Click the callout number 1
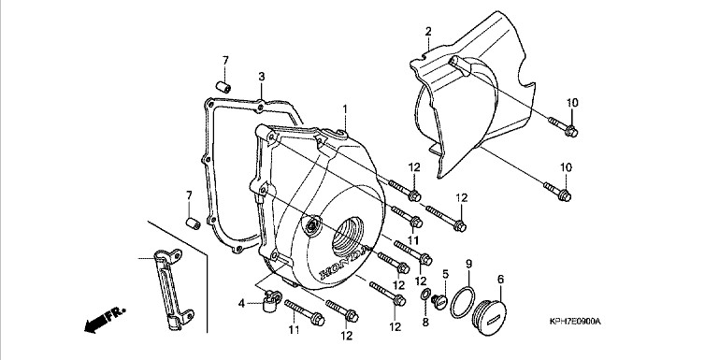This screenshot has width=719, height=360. click(x=345, y=109)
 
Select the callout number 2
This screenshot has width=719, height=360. click(x=428, y=32)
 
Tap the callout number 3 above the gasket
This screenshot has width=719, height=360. click(x=262, y=77)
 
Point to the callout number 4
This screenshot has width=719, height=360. click(x=241, y=303)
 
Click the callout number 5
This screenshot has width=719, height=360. click(x=445, y=274)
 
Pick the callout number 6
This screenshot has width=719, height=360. click(x=500, y=279)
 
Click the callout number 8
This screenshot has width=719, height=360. click(x=425, y=323)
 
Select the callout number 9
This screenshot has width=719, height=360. click(x=468, y=264)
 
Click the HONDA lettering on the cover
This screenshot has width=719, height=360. click(x=344, y=265)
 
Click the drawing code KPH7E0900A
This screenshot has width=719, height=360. click(x=575, y=322)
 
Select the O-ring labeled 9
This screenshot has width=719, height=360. click(x=462, y=301)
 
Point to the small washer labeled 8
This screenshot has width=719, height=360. click(x=425, y=295)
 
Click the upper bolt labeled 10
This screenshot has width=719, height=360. click(x=563, y=126)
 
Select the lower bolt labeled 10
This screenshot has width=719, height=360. click(x=557, y=192)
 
